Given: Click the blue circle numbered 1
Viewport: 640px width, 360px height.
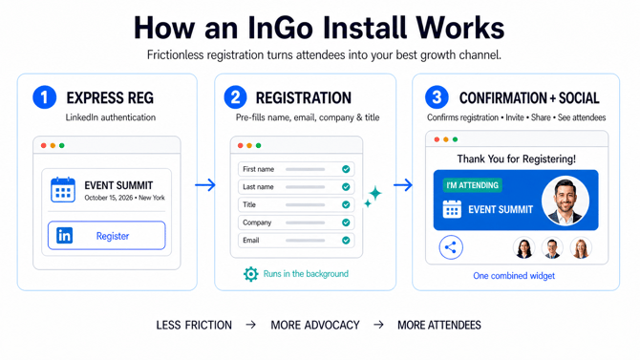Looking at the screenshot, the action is click(45, 97).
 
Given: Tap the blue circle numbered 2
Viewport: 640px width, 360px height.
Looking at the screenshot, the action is click(235, 97).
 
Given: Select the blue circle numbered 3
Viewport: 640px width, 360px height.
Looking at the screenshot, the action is click(437, 97).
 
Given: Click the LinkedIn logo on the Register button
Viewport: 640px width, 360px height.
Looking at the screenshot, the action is click(65, 235).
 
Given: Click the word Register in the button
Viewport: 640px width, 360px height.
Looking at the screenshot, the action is click(113, 236).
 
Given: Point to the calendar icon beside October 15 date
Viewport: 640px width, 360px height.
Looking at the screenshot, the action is click(63, 190).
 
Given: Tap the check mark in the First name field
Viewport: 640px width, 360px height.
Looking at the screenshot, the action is click(346, 169).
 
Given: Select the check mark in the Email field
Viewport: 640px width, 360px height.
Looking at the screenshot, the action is click(346, 241).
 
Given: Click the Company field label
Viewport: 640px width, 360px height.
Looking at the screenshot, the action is click(257, 222).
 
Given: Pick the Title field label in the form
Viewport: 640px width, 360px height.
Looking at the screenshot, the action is click(249, 204).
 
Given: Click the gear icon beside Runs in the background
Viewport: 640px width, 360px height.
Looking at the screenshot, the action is click(250, 274).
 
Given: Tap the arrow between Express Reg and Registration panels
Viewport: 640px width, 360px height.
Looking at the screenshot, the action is click(205, 185).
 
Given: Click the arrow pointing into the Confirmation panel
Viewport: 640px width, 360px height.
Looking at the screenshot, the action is click(403, 185).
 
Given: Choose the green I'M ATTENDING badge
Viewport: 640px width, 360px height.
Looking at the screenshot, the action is click(472, 185).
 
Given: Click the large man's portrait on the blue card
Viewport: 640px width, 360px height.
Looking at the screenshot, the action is click(565, 201).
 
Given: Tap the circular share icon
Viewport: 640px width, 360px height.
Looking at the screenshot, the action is click(451, 247).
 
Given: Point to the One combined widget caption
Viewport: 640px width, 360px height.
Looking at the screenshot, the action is click(514, 276).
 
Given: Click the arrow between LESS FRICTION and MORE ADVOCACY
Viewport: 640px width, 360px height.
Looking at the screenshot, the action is click(251, 325).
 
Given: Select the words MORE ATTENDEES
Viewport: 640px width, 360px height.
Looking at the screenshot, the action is click(439, 325).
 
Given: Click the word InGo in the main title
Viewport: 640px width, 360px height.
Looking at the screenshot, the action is click(280, 28).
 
